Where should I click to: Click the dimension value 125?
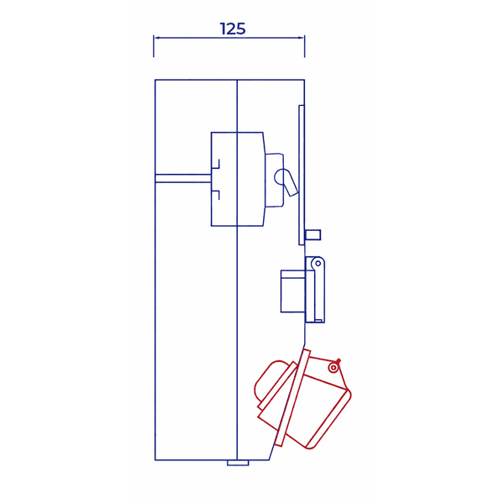(x=233, y=29)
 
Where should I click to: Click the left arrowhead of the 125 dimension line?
(x=157, y=38)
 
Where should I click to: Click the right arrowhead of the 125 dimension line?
(x=301, y=38)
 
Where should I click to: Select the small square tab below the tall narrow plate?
(x=312, y=234)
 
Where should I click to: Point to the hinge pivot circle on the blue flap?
(x=318, y=264)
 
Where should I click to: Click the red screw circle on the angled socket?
(x=333, y=367)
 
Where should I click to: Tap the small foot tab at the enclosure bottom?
(x=238, y=462)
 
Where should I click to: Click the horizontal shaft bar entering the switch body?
(x=183, y=178)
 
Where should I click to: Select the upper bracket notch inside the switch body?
(x=215, y=164)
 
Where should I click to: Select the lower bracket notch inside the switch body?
(x=215, y=196)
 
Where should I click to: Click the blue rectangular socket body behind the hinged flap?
(x=292, y=291)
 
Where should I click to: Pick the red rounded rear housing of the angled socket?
(x=270, y=384)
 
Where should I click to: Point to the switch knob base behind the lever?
(x=274, y=179)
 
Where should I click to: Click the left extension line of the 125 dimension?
(x=154, y=46)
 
